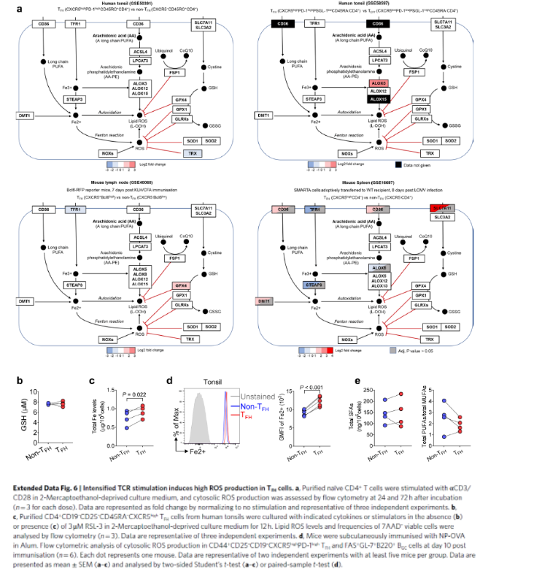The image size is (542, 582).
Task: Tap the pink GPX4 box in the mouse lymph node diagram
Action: point(181,265)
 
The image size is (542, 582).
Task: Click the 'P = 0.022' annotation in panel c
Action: point(133,394)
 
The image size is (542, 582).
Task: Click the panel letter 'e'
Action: point(357,380)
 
